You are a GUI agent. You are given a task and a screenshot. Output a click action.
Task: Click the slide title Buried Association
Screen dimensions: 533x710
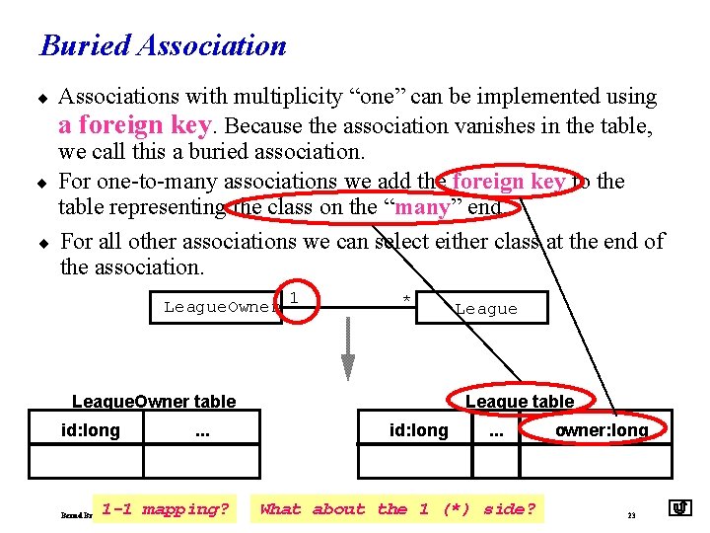pyautogui.click(x=163, y=45)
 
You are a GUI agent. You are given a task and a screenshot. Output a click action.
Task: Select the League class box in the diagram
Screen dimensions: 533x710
pyautogui.click(x=484, y=308)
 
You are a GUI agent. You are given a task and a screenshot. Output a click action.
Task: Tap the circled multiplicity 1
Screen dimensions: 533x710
pyautogui.click(x=295, y=298)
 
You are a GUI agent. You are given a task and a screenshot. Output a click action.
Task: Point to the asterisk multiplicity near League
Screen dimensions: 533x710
pyautogui.click(x=405, y=299)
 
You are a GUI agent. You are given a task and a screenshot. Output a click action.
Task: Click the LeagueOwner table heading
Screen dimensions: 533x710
pyautogui.click(x=154, y=401)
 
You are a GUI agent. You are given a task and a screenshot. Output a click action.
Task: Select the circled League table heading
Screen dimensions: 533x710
pyautogui.click(x=520, y=401)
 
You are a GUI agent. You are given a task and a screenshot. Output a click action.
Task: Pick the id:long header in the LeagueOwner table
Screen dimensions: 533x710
pyautogui.click(x=90, y=430)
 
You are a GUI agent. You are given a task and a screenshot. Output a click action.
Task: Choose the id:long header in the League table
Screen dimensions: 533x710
pyautogui.click(x=418, y=430)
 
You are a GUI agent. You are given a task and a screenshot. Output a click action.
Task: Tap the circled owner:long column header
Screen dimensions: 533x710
pyautogui.click(x=602, y=430)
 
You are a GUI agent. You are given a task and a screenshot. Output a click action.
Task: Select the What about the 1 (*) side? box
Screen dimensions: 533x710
pyautogui.click(x=397, y=509)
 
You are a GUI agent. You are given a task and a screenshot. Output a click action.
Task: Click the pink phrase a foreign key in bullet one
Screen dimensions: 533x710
pyautogui.click(x=135, y=125)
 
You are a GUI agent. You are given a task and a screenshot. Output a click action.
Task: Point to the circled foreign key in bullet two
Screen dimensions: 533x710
pyautogui.click(x=509, y=181)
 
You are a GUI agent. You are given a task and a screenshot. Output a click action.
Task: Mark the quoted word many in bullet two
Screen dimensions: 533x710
pyautogui.click(x=423, y=206)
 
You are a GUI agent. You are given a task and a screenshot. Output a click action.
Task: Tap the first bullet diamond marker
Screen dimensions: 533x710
pyautogui.click(x=43, y=97)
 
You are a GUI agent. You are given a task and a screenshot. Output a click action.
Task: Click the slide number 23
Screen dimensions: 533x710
pyautogui.click(x=631, y=514)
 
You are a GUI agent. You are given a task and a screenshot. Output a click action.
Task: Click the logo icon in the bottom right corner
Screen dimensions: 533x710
pyautogui.click(x=679, y=508)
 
